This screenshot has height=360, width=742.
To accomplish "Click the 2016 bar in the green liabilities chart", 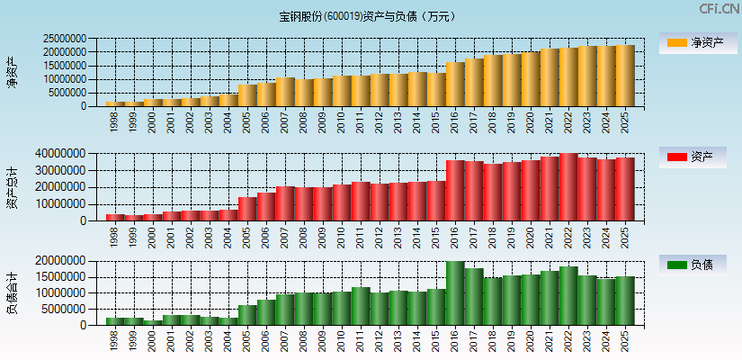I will (x=455, y=293).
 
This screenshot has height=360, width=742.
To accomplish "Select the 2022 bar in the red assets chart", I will (x=568, y=187).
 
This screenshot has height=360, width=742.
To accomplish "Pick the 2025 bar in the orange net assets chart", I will (x=625, y=76).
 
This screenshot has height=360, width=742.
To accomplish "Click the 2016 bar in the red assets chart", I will (x=455, y=190).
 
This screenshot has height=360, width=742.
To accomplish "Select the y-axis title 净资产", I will (x=13, y=72).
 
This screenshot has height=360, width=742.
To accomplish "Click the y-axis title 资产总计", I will (x=13, y=187).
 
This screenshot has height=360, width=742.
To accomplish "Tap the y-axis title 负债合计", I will (x=13, y=292).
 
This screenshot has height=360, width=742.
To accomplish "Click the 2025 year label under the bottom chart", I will (x=624, y=338).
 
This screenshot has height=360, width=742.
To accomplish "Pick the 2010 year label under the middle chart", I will (x=341, y=235).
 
